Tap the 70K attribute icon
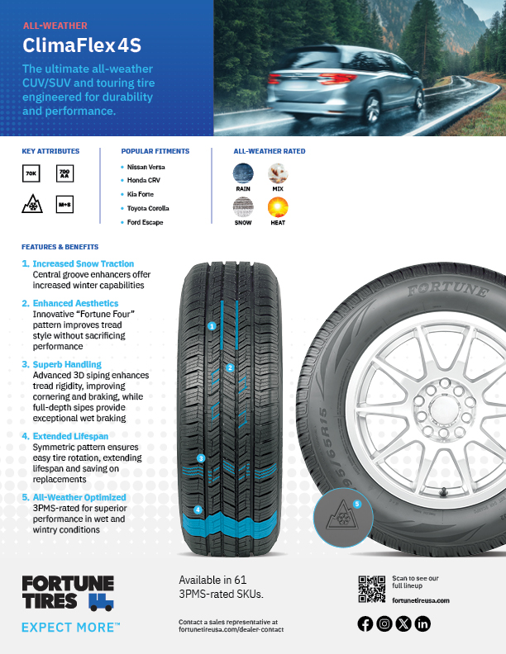click(x=31, y=173)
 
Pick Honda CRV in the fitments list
click(x=145, y=180)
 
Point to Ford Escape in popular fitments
click(x=146, y=222)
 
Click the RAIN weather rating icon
click(x=243, y=173)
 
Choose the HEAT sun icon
click(x=278, y=207)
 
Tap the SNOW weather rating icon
click(x=243, y=207)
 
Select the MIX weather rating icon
click(x=278, y=173)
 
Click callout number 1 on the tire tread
click(x=212, y=326)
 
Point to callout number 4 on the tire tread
click(x=198, y=509)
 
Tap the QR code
click(x=371, y=590)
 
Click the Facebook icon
click(x=365, y=624)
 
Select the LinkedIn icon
click(x=423, y=624)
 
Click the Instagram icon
click(x=384, y=624)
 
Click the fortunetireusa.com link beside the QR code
click(x=421, y=600)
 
